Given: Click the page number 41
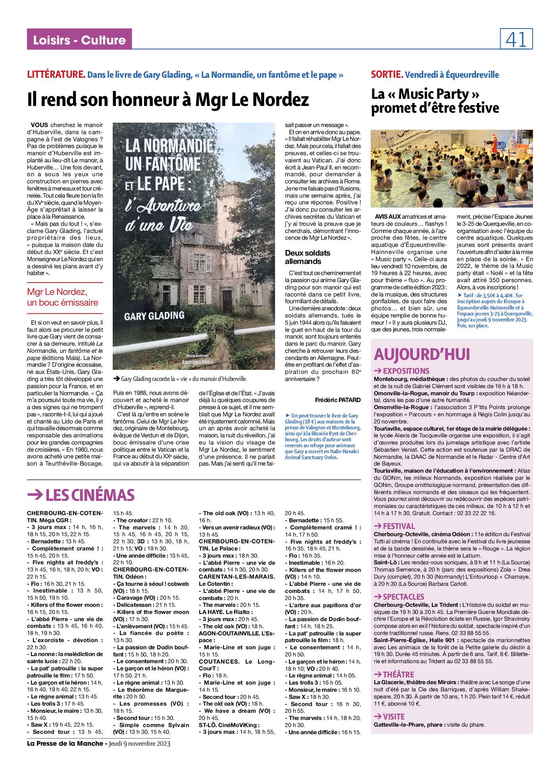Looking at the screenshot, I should [516, 40].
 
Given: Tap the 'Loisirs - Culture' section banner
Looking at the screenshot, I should [79, 40].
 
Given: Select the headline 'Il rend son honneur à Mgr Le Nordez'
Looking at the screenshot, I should [167, 100].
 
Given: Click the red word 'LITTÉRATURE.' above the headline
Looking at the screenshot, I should [56, 75].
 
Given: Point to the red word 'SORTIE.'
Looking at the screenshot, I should [387, 75].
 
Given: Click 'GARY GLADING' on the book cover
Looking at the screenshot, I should [154, 316].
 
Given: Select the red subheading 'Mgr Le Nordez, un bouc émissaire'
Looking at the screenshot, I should [62, 297].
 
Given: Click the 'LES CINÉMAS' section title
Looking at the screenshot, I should [81, 495].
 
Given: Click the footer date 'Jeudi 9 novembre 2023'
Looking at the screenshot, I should [140, 743].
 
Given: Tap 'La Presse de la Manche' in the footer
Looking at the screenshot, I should [65, 743].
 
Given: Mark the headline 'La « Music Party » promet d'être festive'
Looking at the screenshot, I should [435, 101].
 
